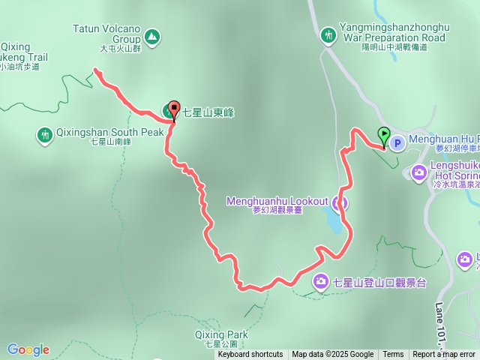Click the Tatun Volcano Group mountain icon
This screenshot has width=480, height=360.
[x=152, y=35]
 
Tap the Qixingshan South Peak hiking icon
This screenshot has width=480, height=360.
[x=44, y=135]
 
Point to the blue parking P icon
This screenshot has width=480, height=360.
[x=398, y=142]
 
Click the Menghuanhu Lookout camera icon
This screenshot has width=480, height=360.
[x=340, y=202]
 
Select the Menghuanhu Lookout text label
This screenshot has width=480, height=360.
[x=277, y=201]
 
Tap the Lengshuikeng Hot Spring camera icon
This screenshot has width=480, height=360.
[x=419, y=170]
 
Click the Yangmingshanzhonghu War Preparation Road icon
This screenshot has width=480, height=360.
[x=328, y=34]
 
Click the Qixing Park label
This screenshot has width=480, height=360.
[x=220, y=334]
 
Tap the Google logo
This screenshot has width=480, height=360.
[x=28, y=349]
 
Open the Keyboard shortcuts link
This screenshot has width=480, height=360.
[x=250, y=355]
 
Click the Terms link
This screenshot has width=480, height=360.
[x=393, y=355]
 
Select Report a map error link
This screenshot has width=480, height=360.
[x=443, y=355]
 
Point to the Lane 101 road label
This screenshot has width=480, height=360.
[x=439, y=322]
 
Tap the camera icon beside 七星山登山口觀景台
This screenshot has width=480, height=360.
[x=320, y=281]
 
